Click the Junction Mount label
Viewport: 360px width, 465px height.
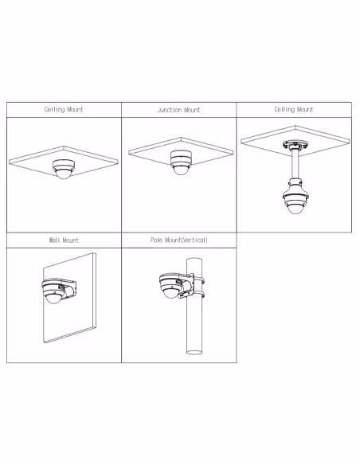click(x=179, y=110)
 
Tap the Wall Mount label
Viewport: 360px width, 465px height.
click(x=64, y=240)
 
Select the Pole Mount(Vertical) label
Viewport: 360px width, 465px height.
click(x=179, y=240)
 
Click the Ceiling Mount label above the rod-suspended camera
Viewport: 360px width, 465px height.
click(x=294, y=110)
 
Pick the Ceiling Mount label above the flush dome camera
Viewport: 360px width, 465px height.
click(x=64, y=110)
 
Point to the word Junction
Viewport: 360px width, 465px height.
click(x=167, y=110)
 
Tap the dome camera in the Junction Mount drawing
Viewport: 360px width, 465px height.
click(x=181, y=162)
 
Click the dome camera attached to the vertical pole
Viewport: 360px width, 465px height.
click(x=171, y=286)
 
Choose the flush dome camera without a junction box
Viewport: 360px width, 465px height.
click(x=64, y=169)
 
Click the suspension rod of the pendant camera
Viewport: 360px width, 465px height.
click(x=295, y=164)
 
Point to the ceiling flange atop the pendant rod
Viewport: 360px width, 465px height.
click(x=295, y=145)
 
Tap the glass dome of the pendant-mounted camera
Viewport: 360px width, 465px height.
click(x=295, y=209)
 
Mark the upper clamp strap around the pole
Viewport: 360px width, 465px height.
click(x=199, y=279)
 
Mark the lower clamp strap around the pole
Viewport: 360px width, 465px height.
click(x=199, y=295)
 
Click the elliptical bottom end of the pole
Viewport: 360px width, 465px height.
click(x=194, y=352)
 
